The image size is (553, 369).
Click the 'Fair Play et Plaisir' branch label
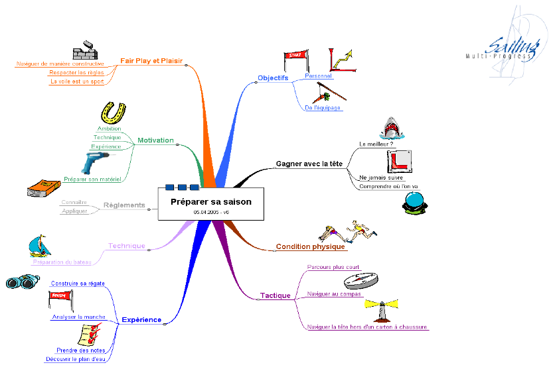click(151, 60)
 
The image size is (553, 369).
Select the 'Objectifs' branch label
click(272, 78)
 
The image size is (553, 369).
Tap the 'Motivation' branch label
click(155, 140)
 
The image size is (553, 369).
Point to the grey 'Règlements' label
click(124, 205)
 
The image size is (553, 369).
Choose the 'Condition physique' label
click(310, 247)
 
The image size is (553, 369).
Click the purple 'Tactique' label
click(275, 295)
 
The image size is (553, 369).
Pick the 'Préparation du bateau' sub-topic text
click(62, 262)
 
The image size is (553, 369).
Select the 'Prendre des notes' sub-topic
click(80, 350)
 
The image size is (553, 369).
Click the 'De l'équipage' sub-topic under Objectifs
click(323, 107)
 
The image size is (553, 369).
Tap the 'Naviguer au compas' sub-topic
click(334, 293)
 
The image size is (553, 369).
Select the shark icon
click(392, 129)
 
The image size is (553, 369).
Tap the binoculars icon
click(23, 282)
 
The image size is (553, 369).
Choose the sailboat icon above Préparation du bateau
click(40, 246)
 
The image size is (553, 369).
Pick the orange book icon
click(44, 189)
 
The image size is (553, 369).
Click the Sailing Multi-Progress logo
click(507, 46)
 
